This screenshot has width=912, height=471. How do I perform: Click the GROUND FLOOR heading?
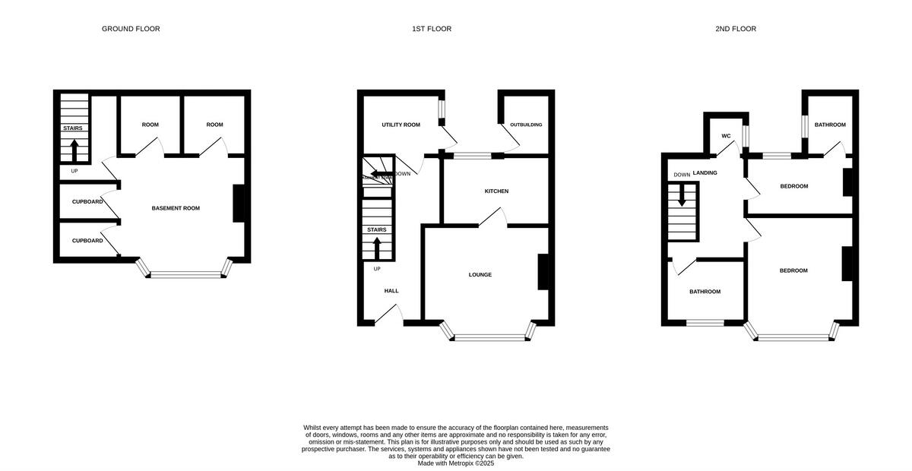(x=131, y=29)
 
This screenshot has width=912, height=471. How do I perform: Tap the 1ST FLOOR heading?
(x=432, y=29)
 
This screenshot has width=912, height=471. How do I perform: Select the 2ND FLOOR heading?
(x=735, y=29)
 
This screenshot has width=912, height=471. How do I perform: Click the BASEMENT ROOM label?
(x=176, y=208)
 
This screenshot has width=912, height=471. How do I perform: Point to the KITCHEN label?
(x=496, y=191)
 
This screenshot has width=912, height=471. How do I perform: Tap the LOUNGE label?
(x=480, y=275)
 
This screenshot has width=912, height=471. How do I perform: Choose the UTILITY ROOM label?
(x=401, y=125)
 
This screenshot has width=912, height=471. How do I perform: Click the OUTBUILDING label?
(x=526, y=125)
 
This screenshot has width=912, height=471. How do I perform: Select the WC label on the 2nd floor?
(x=726, y=136)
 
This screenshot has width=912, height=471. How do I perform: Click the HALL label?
(x=391, y=291)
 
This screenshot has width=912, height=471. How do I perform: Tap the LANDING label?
(x=705, y=173)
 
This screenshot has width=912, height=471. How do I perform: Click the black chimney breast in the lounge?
(x=543, y=271)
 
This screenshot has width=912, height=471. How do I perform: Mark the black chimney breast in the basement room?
(x=238, y=204)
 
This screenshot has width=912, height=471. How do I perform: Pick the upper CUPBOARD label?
(x=87, y=202)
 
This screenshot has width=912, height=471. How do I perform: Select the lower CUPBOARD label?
(x=87, y=241)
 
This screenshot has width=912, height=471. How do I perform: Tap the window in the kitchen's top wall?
(x=472, y=156)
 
